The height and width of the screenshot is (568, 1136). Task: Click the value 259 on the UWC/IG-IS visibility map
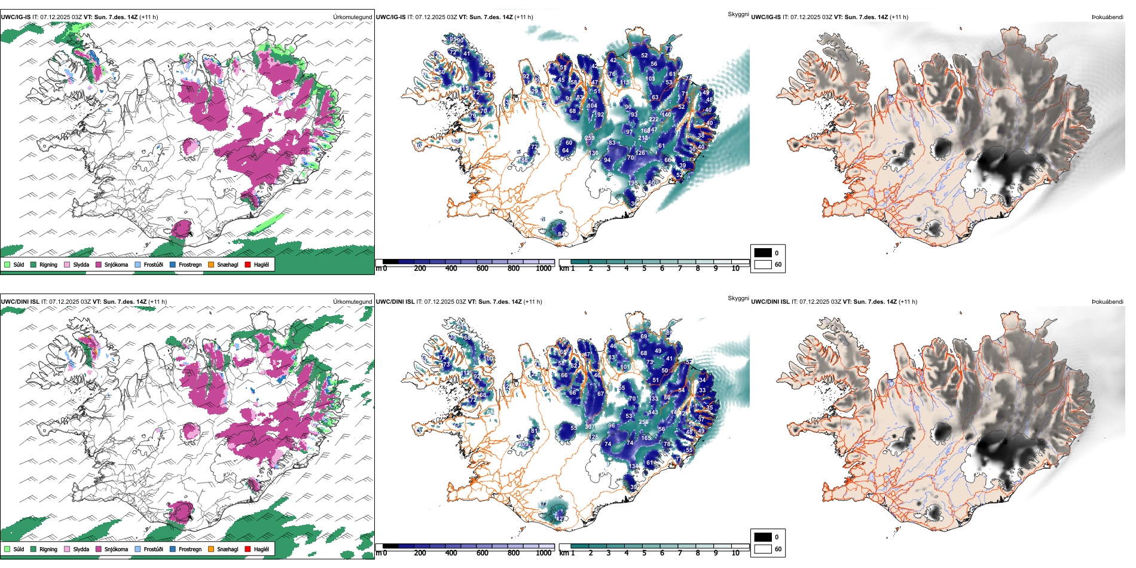590,138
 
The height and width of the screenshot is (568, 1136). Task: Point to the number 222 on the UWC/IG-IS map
654,120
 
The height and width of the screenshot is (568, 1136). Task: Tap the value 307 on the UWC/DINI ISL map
590,427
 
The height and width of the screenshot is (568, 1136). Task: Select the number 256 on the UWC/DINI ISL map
644,422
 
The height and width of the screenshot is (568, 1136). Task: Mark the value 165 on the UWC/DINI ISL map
646,438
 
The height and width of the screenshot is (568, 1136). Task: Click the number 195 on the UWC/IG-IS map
633,183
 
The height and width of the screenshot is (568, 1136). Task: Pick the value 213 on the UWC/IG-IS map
643,138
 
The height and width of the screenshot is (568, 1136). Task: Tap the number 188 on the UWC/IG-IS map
524,160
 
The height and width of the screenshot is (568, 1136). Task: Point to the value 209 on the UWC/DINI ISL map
524,444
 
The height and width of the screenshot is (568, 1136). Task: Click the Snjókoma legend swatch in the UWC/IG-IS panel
99,264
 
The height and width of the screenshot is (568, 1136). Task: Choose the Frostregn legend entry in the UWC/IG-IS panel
173,264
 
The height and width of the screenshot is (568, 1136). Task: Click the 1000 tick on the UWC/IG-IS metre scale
543,268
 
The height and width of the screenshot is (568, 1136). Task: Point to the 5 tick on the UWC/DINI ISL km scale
645,553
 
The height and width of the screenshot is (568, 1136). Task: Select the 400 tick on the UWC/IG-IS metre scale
451,268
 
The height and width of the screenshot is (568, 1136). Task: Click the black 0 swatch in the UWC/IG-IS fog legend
763,253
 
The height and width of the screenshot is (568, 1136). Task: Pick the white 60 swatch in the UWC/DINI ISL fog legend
763,549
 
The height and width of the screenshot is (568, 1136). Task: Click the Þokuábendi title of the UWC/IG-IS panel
1107,17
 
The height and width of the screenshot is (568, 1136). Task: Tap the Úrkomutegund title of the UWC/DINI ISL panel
352,302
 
